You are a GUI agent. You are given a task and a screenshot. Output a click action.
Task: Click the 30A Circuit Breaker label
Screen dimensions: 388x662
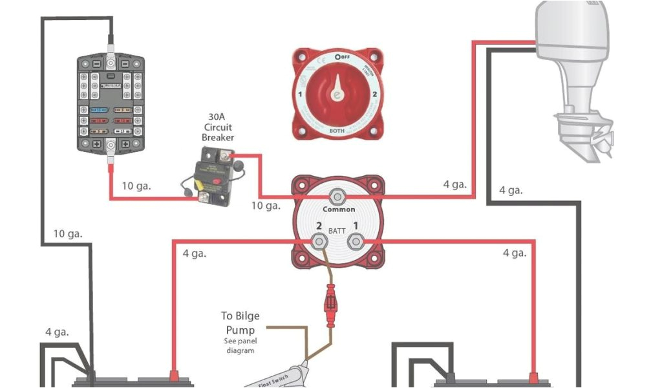click(217, 127)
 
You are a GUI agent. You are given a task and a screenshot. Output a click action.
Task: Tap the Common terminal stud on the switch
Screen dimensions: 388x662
click(336, 196)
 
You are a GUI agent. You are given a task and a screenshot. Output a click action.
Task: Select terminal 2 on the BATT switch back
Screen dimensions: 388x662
click(319, 242)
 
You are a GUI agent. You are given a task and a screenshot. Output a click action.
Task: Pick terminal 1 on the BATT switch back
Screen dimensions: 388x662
click(354, 242)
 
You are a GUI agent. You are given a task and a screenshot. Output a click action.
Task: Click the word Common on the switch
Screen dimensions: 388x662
click(339, 210)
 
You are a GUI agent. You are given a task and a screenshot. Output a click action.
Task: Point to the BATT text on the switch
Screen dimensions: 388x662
click(337, 231)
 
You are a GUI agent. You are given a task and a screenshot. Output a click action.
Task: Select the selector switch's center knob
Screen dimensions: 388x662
click(336, 94)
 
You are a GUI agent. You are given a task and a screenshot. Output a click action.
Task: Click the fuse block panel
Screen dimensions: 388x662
click(111, 104)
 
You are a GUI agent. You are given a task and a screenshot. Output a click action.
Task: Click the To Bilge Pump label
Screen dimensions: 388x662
click(240, 322)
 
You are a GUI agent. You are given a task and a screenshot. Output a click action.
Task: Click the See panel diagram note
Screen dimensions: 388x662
click(240, 345)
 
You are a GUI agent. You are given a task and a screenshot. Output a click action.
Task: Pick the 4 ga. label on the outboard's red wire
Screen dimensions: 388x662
click(454, 184)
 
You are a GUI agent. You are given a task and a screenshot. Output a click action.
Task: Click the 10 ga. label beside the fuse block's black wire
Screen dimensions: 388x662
click(68, 233)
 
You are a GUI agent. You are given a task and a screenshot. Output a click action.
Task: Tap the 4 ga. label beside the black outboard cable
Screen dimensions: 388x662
click(511, 191)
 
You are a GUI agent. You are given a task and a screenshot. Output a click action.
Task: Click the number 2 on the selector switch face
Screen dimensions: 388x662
click(375, 94)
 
